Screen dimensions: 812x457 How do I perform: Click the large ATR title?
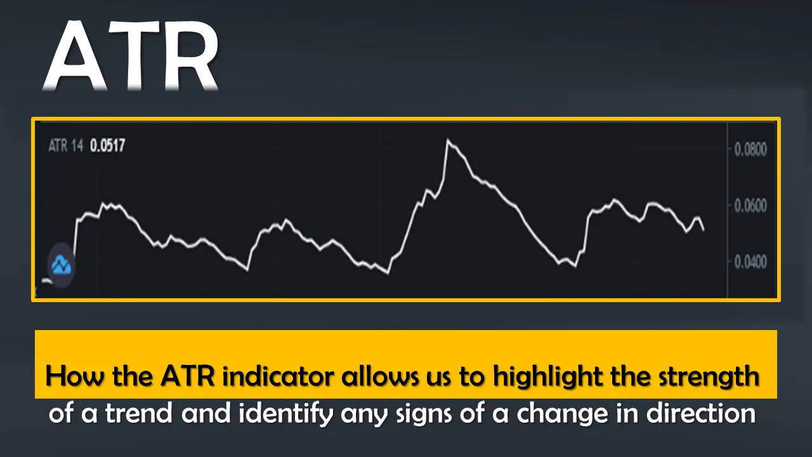(x=131, y=55)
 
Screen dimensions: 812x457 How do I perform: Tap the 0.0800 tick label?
(x=750, y=149)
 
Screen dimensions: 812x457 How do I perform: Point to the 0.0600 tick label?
(x=750, y=206)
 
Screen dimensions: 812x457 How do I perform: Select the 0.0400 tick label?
(x=750, y=262)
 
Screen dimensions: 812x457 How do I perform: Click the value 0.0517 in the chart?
(x=107, y=145)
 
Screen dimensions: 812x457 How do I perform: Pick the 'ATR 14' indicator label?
(x=65, y=145)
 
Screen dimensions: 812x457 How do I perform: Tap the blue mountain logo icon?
(x=62, y=265)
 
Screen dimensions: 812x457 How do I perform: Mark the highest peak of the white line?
(x=448, y=140)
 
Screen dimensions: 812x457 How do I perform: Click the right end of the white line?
(x=704, y=230)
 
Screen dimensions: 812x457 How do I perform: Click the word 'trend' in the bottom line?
(x=139, y=413)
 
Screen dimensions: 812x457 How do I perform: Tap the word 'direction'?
(x=701, y=413)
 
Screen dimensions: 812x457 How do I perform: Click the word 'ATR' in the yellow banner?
(x=188, y=376)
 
